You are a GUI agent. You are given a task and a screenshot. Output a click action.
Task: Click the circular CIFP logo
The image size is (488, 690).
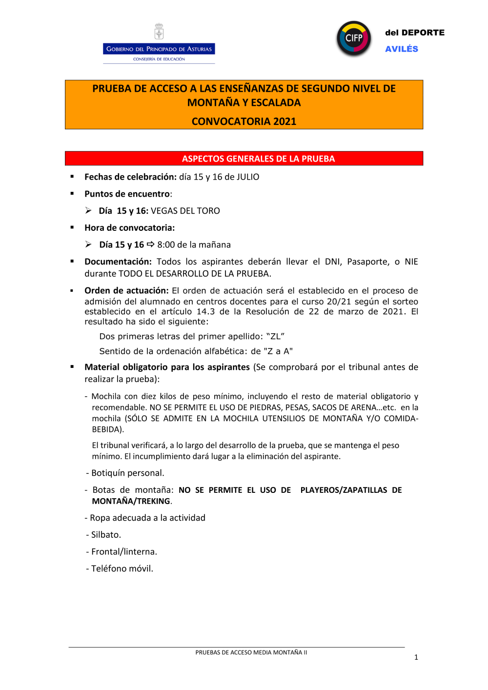tap(354, 38)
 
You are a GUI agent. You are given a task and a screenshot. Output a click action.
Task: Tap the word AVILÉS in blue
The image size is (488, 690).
tap(402, 49)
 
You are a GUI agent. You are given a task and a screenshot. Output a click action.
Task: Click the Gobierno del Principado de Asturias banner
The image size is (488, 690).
tap(159, 49)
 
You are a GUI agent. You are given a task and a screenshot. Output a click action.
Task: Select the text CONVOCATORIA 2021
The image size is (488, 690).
tap(244, 122)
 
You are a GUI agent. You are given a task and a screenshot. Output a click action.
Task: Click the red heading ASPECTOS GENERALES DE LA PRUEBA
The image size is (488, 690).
tap(258, 159)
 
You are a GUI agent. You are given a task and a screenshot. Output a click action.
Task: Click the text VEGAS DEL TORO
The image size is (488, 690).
tap(185, 211)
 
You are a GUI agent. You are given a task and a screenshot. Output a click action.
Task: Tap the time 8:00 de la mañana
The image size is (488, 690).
tap(194, 244)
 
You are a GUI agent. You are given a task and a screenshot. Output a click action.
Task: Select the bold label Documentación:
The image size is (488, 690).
tap(118, 262)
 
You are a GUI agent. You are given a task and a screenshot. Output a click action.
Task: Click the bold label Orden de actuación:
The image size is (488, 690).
tap(126, 290)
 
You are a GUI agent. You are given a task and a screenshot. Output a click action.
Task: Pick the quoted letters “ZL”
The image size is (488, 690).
tap(275, 336)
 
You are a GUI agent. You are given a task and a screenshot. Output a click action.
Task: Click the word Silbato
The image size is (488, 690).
tap(106, 535)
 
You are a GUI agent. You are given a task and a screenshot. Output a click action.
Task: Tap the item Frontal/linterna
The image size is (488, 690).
tap(124, 552)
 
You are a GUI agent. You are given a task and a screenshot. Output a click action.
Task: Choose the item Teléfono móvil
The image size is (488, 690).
tap(122, 568)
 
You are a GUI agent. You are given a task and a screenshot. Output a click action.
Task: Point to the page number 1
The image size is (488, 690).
tap(416, 657)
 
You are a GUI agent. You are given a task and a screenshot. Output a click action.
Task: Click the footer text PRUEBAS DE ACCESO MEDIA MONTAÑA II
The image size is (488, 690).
tap(251, 652)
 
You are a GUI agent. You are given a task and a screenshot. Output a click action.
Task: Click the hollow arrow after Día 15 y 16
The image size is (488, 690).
tap(151, 244)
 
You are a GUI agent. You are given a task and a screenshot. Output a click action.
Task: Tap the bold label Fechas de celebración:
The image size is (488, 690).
tap(130, 177)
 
